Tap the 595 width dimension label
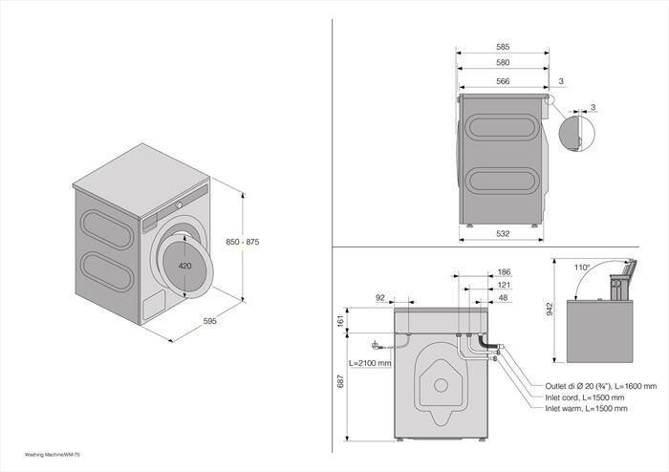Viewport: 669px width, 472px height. pos(209,321)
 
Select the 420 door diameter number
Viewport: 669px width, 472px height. pos(186,265)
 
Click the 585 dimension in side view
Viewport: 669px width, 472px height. pos(503,46)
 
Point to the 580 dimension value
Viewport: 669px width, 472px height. pos(503,63)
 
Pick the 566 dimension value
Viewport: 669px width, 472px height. pos(503,81)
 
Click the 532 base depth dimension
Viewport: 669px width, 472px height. pos(503,232)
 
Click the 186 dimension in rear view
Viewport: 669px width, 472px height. pos(505,272)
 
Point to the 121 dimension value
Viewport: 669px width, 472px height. pos(505,285)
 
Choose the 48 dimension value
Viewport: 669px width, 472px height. pos(505,297)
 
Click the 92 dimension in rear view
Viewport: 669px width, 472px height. pos(380,298)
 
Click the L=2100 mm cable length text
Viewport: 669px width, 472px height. pos(369,363)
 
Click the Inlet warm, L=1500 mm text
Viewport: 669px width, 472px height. pos(586,408)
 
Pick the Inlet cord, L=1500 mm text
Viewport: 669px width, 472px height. pos(584,397)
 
